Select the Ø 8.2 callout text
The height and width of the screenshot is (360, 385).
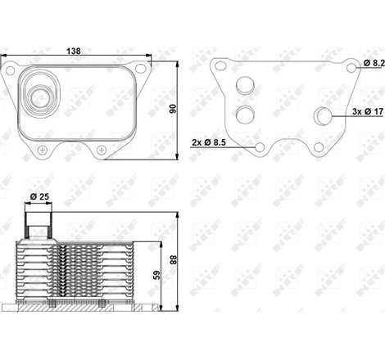coord(371,62)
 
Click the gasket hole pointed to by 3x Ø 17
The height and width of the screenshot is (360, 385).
coord(324,118)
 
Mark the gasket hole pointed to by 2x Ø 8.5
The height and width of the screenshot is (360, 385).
coord(260,147)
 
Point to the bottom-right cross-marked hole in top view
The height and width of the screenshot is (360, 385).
coord(101,149)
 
